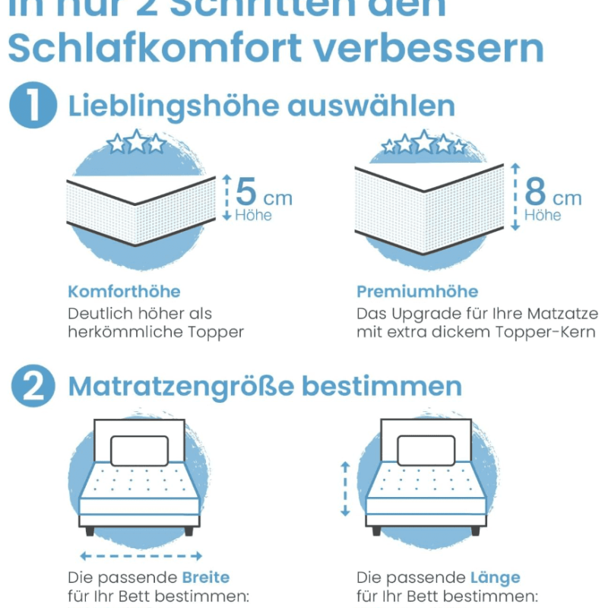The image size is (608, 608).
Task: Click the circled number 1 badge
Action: [33, 106]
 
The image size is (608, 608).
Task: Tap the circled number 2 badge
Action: [33, 387]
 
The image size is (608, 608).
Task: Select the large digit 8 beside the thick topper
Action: [535, 192]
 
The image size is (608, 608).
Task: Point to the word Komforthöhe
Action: [124, 291]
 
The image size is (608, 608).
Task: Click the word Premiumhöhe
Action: [417, 291]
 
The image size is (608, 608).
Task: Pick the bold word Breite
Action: [205, 578]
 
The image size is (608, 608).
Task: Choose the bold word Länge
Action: [495, 578]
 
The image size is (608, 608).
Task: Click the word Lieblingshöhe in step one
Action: [173, 106]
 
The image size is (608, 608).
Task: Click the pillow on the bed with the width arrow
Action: [138, 450]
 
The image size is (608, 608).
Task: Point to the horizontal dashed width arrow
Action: [141, 556]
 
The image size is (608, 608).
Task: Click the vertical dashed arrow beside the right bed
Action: [345, 487]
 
